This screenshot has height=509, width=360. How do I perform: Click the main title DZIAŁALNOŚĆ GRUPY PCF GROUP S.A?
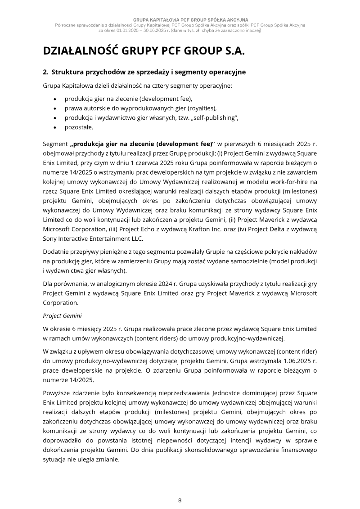click(x=144, y=51)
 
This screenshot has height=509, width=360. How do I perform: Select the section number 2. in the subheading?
click(x=45, y=72)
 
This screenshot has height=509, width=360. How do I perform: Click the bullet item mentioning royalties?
click(x=140, y=108)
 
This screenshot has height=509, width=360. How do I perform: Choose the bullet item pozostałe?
click(x=79, y=127)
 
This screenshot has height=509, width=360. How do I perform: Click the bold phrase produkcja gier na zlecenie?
click(x=119, y=144)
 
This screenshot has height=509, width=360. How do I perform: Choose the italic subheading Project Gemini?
click(x=62, y=316)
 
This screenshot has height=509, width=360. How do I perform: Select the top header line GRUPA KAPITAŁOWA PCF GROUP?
click(x=180, y=20)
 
